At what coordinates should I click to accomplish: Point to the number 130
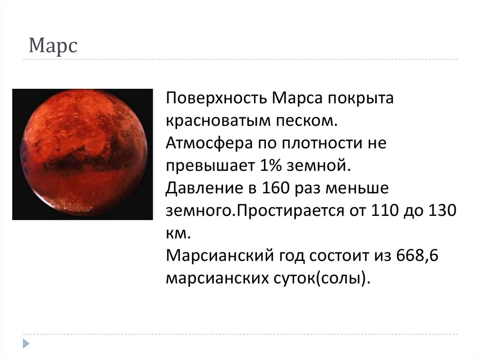[441, 210]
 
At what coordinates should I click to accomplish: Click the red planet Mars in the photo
[83, 154]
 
